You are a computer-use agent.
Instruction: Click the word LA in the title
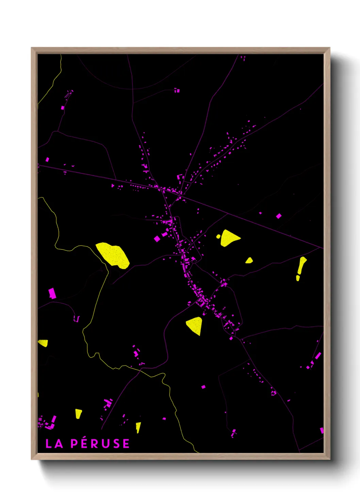pyautogui.click(x=54, y=443)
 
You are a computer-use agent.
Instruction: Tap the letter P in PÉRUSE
pyautogui.click(x=75, y=443)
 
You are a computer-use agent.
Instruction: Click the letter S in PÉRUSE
pyautogui.click(x=115, y=443)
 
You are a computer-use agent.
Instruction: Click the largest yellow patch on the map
pyautogui.click(x=113, y=255)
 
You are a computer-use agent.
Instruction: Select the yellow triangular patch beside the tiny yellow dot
pyautogui.click(x=229, y=237)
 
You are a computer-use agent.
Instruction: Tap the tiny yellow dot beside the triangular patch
pyautogui.click(x=218, y=236)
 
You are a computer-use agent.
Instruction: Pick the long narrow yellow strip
pyautogui.click(x=301, y=265)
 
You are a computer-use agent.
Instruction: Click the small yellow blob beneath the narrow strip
pyautogui.click(x=298, y=278)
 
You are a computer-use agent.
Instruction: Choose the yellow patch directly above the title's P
pyautogui.click(x=78, y=413)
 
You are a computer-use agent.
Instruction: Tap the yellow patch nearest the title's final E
pyautogui.click(x=138, y=427)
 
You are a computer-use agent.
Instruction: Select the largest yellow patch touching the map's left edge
pyautogui.click(x=43, y=343)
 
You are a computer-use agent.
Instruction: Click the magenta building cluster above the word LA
pyautogui.click(x=47, y=422)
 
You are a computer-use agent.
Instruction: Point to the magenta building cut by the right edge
pyautogui.click(x=322, y=430)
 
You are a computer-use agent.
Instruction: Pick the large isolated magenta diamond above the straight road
pyautogui.click(x=279, y=216)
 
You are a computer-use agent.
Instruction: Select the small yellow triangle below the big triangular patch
pyautogui.click(x=249, y=261)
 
